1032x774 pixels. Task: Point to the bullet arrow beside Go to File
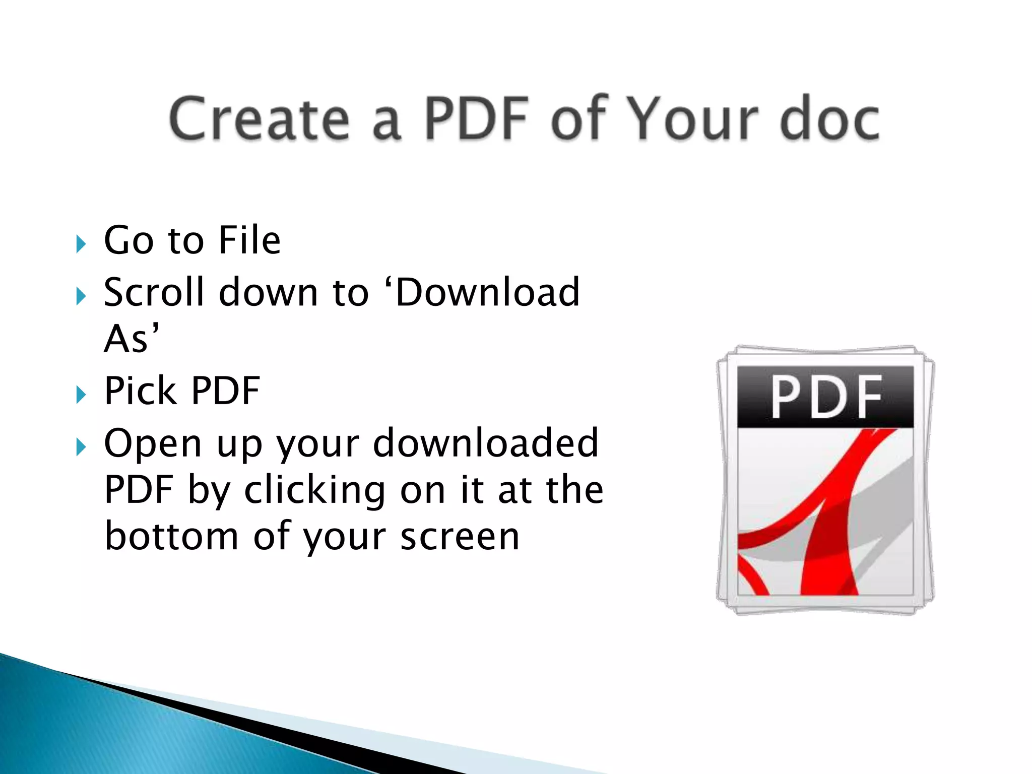[x=81, y=244]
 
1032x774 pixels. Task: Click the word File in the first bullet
[x=249, y=240]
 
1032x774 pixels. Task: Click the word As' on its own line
[x=132, y=338]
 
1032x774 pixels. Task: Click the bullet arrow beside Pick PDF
[x=81, y=395]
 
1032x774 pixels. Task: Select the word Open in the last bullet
[x=153, y=443]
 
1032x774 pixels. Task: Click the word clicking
[x=314, y=490]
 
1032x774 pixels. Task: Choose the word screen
[x=460, y=537]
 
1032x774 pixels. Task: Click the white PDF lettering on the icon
[x=826, y=397]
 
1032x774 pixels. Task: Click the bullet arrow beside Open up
[x=81, y=447]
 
